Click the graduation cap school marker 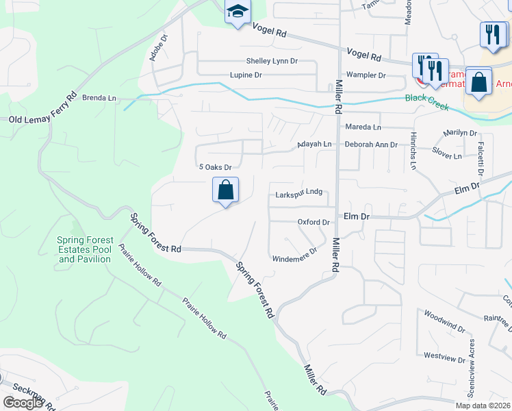pos(238,12)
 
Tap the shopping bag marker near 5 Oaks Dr pos(226,190)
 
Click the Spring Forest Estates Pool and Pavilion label pos(85,249)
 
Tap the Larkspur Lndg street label pos(298,194)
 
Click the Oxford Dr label pos(313,222)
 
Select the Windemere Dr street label pos(295,259)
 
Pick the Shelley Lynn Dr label pos(274,61)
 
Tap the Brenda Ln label pos(99,98)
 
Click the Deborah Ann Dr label pos(370,145)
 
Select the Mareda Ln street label pos(363,127)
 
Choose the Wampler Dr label pos(366,74)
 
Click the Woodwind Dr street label pos(444,315)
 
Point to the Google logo pos(23,403)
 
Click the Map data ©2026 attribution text pos(483,406)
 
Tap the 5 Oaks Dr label pos(216,167)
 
